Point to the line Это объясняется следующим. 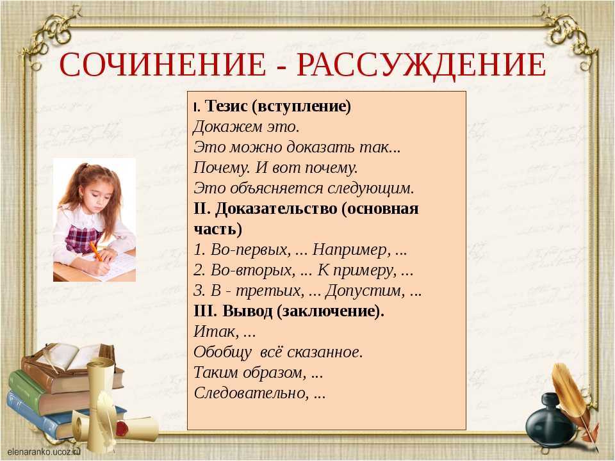click(x=304, y=188)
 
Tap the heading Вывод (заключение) click(x=289, y=311)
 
